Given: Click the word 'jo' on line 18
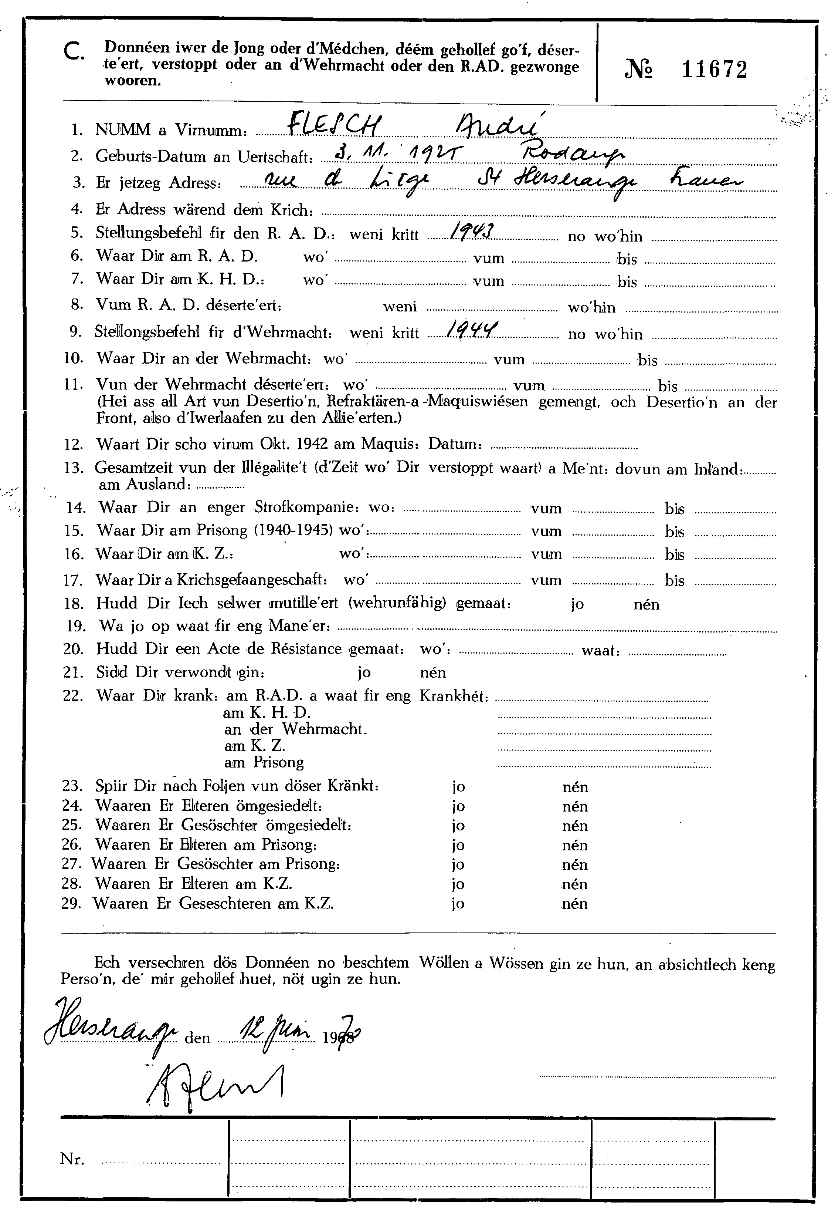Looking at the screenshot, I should click(577, 604).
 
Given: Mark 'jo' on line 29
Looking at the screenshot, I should click(458, 904).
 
